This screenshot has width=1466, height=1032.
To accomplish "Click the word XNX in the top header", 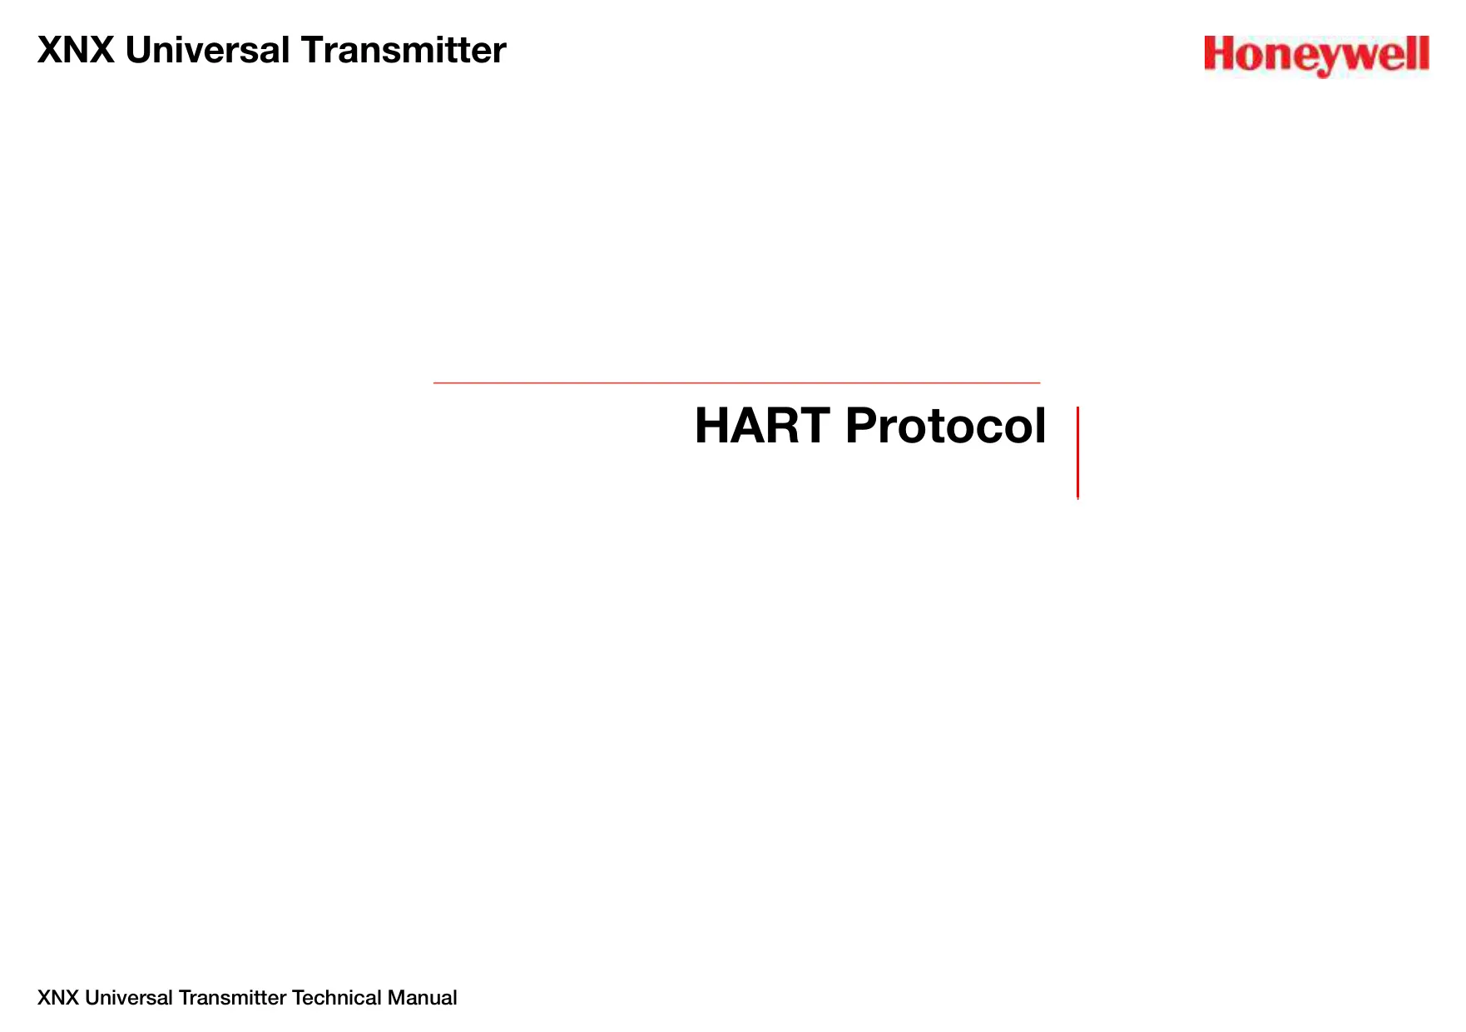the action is (x=76, y=50).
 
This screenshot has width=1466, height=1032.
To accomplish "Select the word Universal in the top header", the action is (x=207, y=50).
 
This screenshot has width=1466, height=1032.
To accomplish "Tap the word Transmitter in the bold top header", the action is (x=404, y=50).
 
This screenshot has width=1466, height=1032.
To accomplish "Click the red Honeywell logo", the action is (x=1316, y=56).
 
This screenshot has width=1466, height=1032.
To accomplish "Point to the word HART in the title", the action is (x=762, y=426).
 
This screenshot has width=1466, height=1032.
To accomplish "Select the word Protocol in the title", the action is (x=945, y=426).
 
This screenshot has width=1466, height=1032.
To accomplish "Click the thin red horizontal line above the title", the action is (x=736, y=383).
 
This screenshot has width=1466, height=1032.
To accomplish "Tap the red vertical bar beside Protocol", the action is (x=1077, y=452).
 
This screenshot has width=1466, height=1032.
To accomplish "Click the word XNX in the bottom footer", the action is (x=58, y=998).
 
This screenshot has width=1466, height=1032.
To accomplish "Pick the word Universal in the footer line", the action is (x=129, y=998).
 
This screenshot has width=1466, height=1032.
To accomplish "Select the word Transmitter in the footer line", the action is (x=232, y=998).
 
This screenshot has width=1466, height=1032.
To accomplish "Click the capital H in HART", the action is (x=712, y=426).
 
